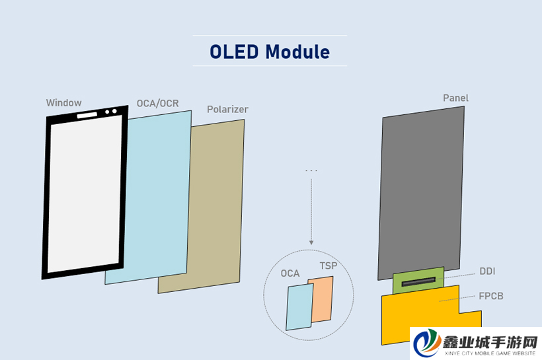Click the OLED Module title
(x=270, y=52)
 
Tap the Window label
(x=64, y=102)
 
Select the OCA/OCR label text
(x=157, y=103)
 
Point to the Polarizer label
(x=227, y=110)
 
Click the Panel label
(x=455, y=98)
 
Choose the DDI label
(x=487, y=271)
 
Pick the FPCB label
(x=491, y=296)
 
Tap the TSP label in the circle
(x=329, y=266)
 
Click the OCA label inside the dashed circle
(x=290, y=273)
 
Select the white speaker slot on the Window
(x=87, y=115)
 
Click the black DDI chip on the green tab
(x=418, y=281)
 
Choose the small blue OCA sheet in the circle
(x=299, y=307)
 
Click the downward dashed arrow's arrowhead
(x=311, y=242)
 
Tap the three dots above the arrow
(x=311, y=170)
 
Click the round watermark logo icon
(x=427, y=343)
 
